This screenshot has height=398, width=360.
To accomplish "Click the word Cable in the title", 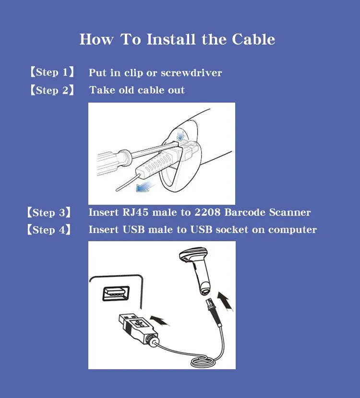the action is pos(253,39).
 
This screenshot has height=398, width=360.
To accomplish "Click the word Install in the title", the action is pos(171,39).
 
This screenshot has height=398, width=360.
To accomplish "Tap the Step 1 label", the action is pos(52,72).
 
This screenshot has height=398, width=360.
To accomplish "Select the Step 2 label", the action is pos(52,90).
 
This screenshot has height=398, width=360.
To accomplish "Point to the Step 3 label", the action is pos(49,212).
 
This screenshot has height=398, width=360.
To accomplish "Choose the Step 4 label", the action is pos(49,230).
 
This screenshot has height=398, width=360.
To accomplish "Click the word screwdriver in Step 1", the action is pos(192,73).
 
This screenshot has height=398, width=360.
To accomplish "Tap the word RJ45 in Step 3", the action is pos(135,212).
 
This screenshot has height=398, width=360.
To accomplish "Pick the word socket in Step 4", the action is pos(232,230).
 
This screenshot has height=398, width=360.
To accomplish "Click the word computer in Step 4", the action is pos(292,230).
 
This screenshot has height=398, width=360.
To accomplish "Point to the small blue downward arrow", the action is pos(180,135).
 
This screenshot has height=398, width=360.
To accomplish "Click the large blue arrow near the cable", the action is pos(145,187).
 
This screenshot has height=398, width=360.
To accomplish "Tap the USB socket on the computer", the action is pos(116,293).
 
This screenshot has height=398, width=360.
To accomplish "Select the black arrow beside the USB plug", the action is pos(159,321).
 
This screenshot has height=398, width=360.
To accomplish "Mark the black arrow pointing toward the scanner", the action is pos(225,301).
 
